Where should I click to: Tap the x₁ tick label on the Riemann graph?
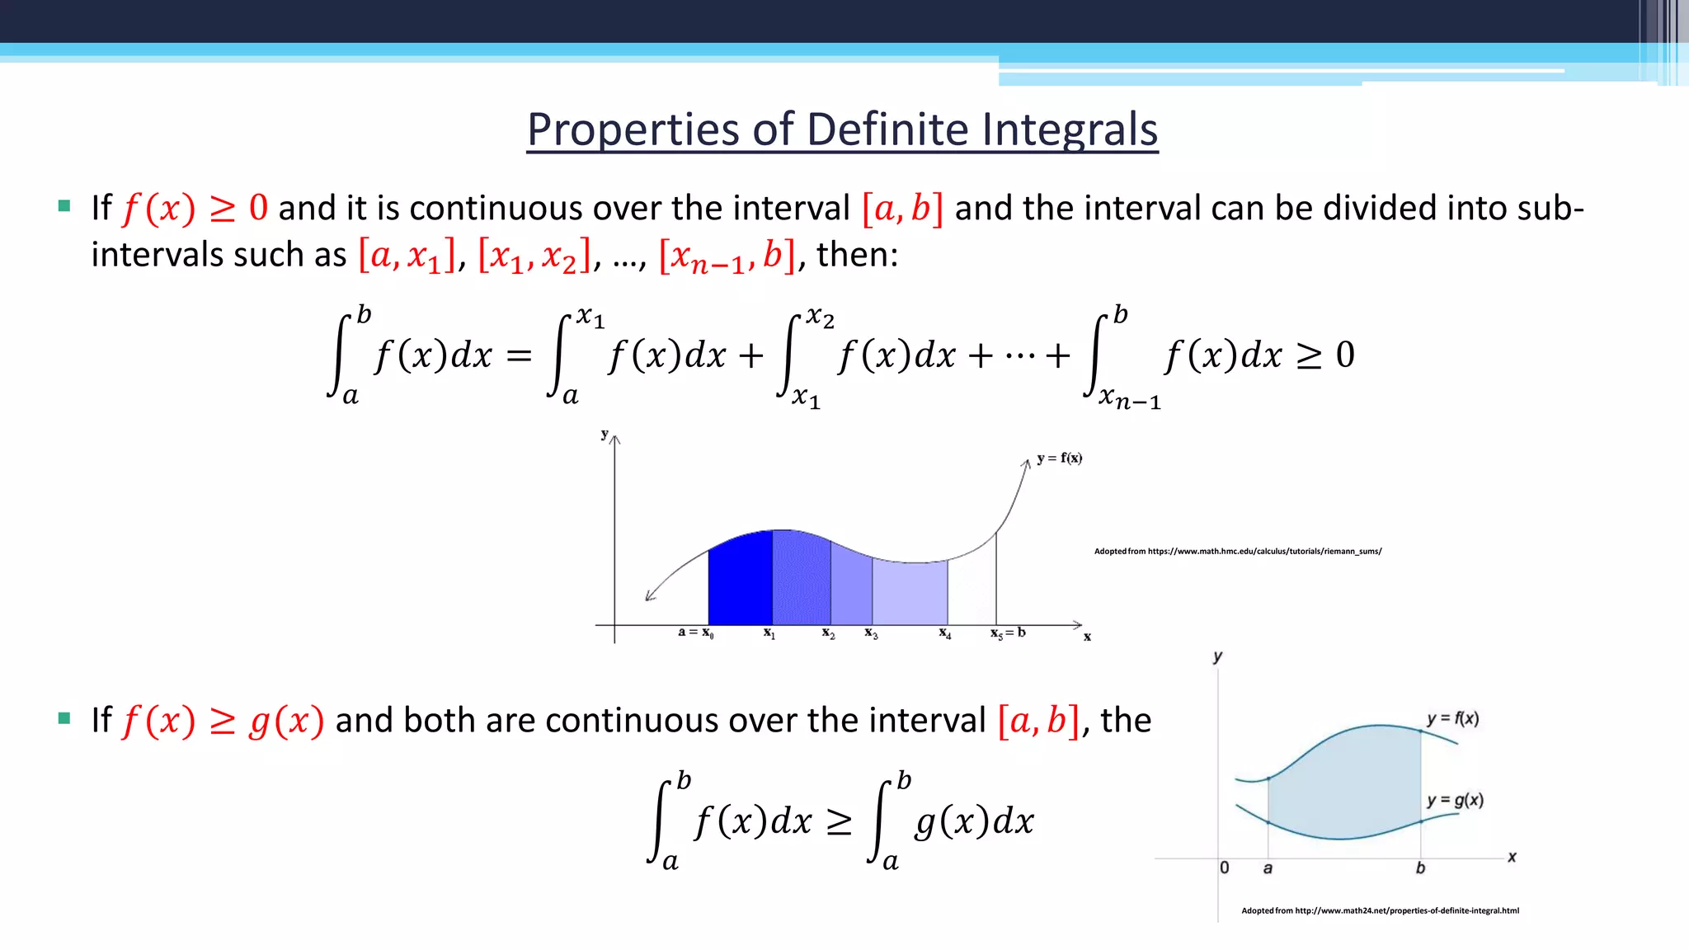coord(769,633)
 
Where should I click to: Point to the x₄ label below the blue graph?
coord(945,633)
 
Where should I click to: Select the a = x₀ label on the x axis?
coord(695,633)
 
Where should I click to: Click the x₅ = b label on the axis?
coord(1008,633)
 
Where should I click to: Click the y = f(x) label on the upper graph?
coord(1059,458)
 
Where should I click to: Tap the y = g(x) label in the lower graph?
coord(1455,800)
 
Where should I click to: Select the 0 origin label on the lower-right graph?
coord(1225,868)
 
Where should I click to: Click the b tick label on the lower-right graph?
coord(1420,868)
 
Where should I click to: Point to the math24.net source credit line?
coord(1380,910)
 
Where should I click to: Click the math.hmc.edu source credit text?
coord(1237,551)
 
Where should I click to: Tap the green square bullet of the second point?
coord(64,718)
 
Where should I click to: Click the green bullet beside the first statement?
coord(64,205)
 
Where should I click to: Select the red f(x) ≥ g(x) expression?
coord(223,721)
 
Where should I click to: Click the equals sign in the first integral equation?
coord(519,356)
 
